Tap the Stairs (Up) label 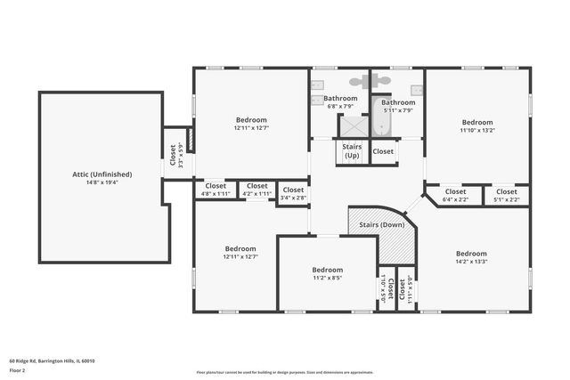[351, 152]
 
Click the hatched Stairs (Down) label [380, 226]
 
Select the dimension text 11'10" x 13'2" [477, 130]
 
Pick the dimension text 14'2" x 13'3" [471, 261]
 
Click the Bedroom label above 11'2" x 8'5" [327, 270]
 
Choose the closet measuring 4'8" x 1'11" [216, 189]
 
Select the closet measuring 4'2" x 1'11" [256, 189]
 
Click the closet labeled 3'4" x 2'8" [293, 193]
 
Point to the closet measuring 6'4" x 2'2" [454, 195]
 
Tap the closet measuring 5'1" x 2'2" [506, 195]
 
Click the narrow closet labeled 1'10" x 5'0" [385, 290]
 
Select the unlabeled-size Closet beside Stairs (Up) [383, 151]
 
